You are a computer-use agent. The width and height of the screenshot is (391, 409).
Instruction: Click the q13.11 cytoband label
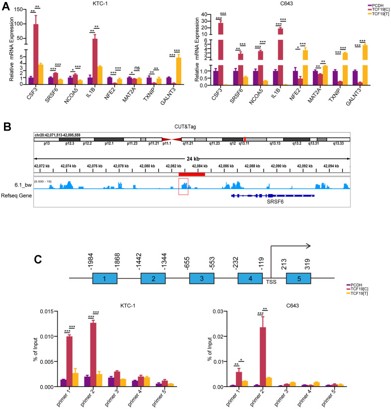tap(244, 143)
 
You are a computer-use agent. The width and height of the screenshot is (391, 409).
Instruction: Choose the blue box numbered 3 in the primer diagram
tap(201, 278)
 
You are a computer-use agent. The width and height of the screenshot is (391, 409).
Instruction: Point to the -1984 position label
tap(91, 252)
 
